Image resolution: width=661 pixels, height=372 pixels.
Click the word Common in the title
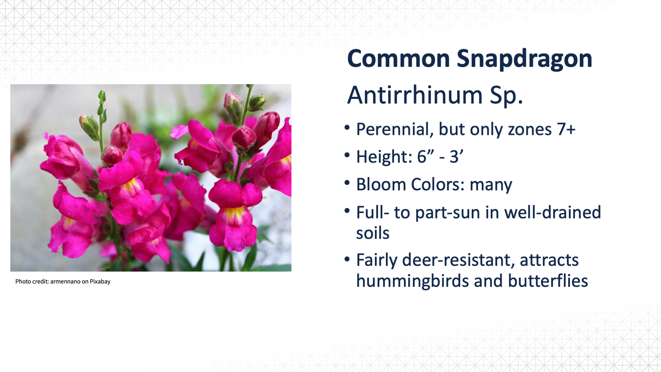tap(399, 58)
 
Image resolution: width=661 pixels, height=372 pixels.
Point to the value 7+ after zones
tap(566, 129)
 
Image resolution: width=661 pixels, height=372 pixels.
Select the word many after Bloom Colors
tap(491, 185)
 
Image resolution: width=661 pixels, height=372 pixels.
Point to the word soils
tap(373, 233)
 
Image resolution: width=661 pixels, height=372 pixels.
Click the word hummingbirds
tap(413, 281)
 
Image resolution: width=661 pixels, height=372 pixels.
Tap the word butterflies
tap(548, 281)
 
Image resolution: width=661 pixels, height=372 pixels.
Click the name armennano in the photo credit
tap(65, 282)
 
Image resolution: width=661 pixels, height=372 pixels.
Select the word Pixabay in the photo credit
tap(100, 282)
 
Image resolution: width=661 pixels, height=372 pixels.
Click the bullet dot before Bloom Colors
tap(347, 183)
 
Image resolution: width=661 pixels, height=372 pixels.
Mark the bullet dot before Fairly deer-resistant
tap(347, 259)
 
